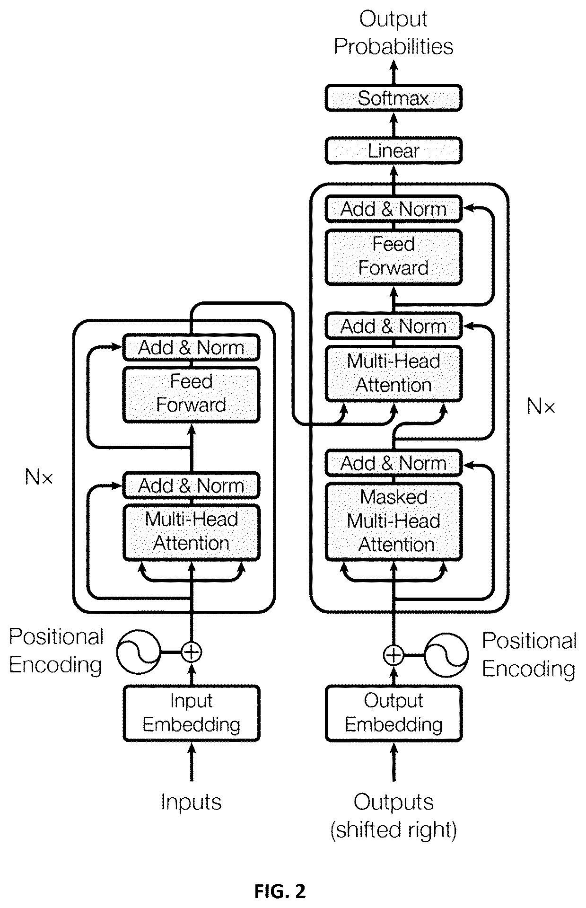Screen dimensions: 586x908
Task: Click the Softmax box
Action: (393, 98)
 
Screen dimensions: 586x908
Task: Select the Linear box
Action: (393, 150)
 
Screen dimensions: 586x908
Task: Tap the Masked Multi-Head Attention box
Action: (393, 521)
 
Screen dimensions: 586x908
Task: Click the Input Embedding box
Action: (191, 713)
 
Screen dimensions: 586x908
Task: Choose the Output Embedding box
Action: (393, 713)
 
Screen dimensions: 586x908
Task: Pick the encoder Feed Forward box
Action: (191, 394)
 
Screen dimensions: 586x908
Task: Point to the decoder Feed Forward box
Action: (393, 257)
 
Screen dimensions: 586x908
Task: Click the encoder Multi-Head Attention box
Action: (191, 532)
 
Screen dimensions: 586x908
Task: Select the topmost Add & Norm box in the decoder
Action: (393, 209)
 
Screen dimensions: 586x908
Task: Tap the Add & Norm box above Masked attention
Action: (393, 463)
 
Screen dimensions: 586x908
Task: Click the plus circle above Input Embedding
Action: (191, 652)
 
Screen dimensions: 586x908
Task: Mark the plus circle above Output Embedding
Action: (393, 655)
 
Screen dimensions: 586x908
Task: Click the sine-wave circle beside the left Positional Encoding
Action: (139, 652)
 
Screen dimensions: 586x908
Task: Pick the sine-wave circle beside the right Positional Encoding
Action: (446, 655)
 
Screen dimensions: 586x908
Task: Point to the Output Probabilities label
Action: (394, 33)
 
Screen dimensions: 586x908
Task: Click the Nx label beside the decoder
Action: (541, 406)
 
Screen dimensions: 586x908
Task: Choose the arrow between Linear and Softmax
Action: (393, 124)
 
